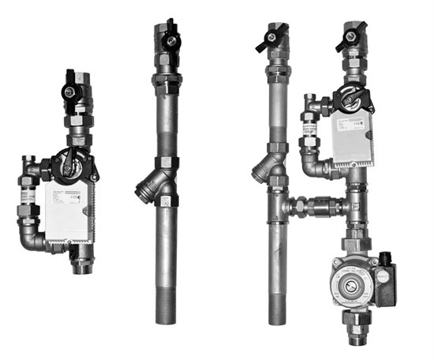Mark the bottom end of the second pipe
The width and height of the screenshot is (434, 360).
[x=166, y=317]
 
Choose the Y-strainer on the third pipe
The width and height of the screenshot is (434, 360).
[x=265, y=167]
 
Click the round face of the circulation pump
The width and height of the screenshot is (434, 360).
[x=344, y=280]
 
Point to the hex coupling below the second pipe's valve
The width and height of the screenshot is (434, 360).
[x=168, y=79]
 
